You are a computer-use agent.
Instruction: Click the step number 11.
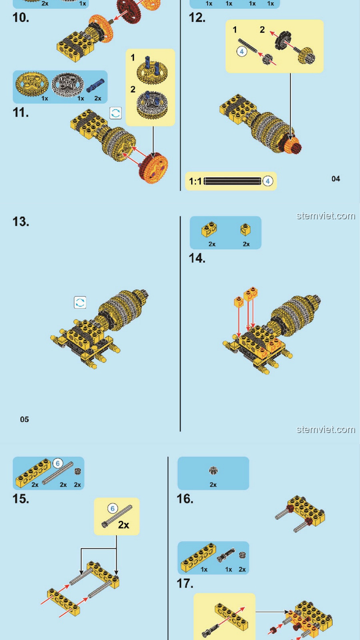click(21, 113)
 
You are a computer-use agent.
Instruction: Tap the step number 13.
click(21, 222)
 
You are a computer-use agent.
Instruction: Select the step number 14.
click(197, 258)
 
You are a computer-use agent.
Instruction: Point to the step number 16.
click(185, 499)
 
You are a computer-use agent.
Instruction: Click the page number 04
click(336, 179)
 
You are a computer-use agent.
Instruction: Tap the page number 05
click(24, 419)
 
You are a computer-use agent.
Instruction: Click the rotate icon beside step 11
click(116, 113)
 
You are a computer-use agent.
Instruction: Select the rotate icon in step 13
click(80, 302)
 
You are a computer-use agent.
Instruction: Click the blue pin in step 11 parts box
click(95, 86)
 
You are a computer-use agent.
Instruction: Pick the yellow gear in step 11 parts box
click(32, 84)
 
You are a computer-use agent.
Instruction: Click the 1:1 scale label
click(195, 181)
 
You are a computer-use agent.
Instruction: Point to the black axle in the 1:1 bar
click(232, 181)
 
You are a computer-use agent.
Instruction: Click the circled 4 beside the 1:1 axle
click(268, 181)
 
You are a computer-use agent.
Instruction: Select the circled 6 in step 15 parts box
click(58, 463)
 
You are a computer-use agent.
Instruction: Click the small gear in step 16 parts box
click(213, 471)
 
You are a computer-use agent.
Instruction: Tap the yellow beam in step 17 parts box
click(198, 557)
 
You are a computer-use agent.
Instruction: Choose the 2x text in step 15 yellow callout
click(124, 525)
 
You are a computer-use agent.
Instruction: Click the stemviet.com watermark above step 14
click(326, 216)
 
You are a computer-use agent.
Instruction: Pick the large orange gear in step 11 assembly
click(153, 168)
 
